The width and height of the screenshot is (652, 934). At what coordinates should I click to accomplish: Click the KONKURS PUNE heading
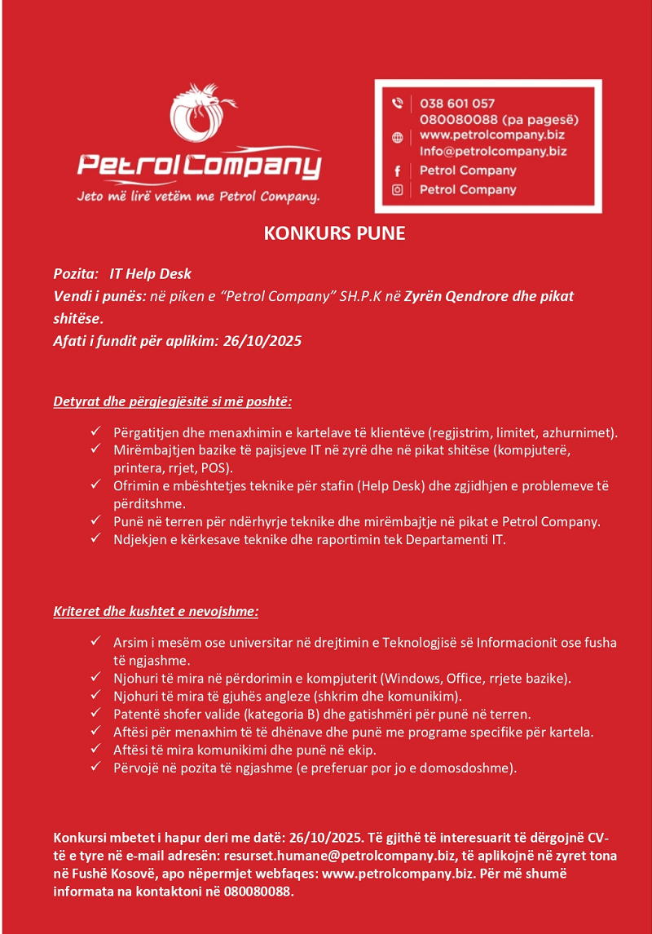pyautogui.click(x=334, y=234)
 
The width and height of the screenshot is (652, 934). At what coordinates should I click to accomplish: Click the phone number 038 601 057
pyautogui.click(x=457, y=104)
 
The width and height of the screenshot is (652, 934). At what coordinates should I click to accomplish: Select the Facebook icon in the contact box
pyautogui.click(x=398, y=170)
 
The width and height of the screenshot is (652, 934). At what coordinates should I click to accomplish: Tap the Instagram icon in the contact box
pyautogui.click(x=398, y=189)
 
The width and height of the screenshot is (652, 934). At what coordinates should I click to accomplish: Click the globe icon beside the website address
pyautogui.click(x=398, y=138)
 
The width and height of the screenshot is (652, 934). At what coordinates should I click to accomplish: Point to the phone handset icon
pyautogui.click(x=398, y=104)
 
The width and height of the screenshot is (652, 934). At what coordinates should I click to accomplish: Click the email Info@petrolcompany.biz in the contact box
pyautogui.click(x=493, y=151)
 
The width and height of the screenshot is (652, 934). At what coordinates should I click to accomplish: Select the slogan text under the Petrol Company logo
pyautogui.click(x=198, y=197)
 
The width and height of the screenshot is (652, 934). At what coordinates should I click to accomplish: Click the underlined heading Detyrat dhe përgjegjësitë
pyautogui.click(x=172, y=401)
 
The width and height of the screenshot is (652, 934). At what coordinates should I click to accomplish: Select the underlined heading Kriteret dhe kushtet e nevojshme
pyautogui.click(x=156, y=611)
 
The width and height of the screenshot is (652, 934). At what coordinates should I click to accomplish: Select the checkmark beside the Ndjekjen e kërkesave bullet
pyautogui.click(x=95, y=538)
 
